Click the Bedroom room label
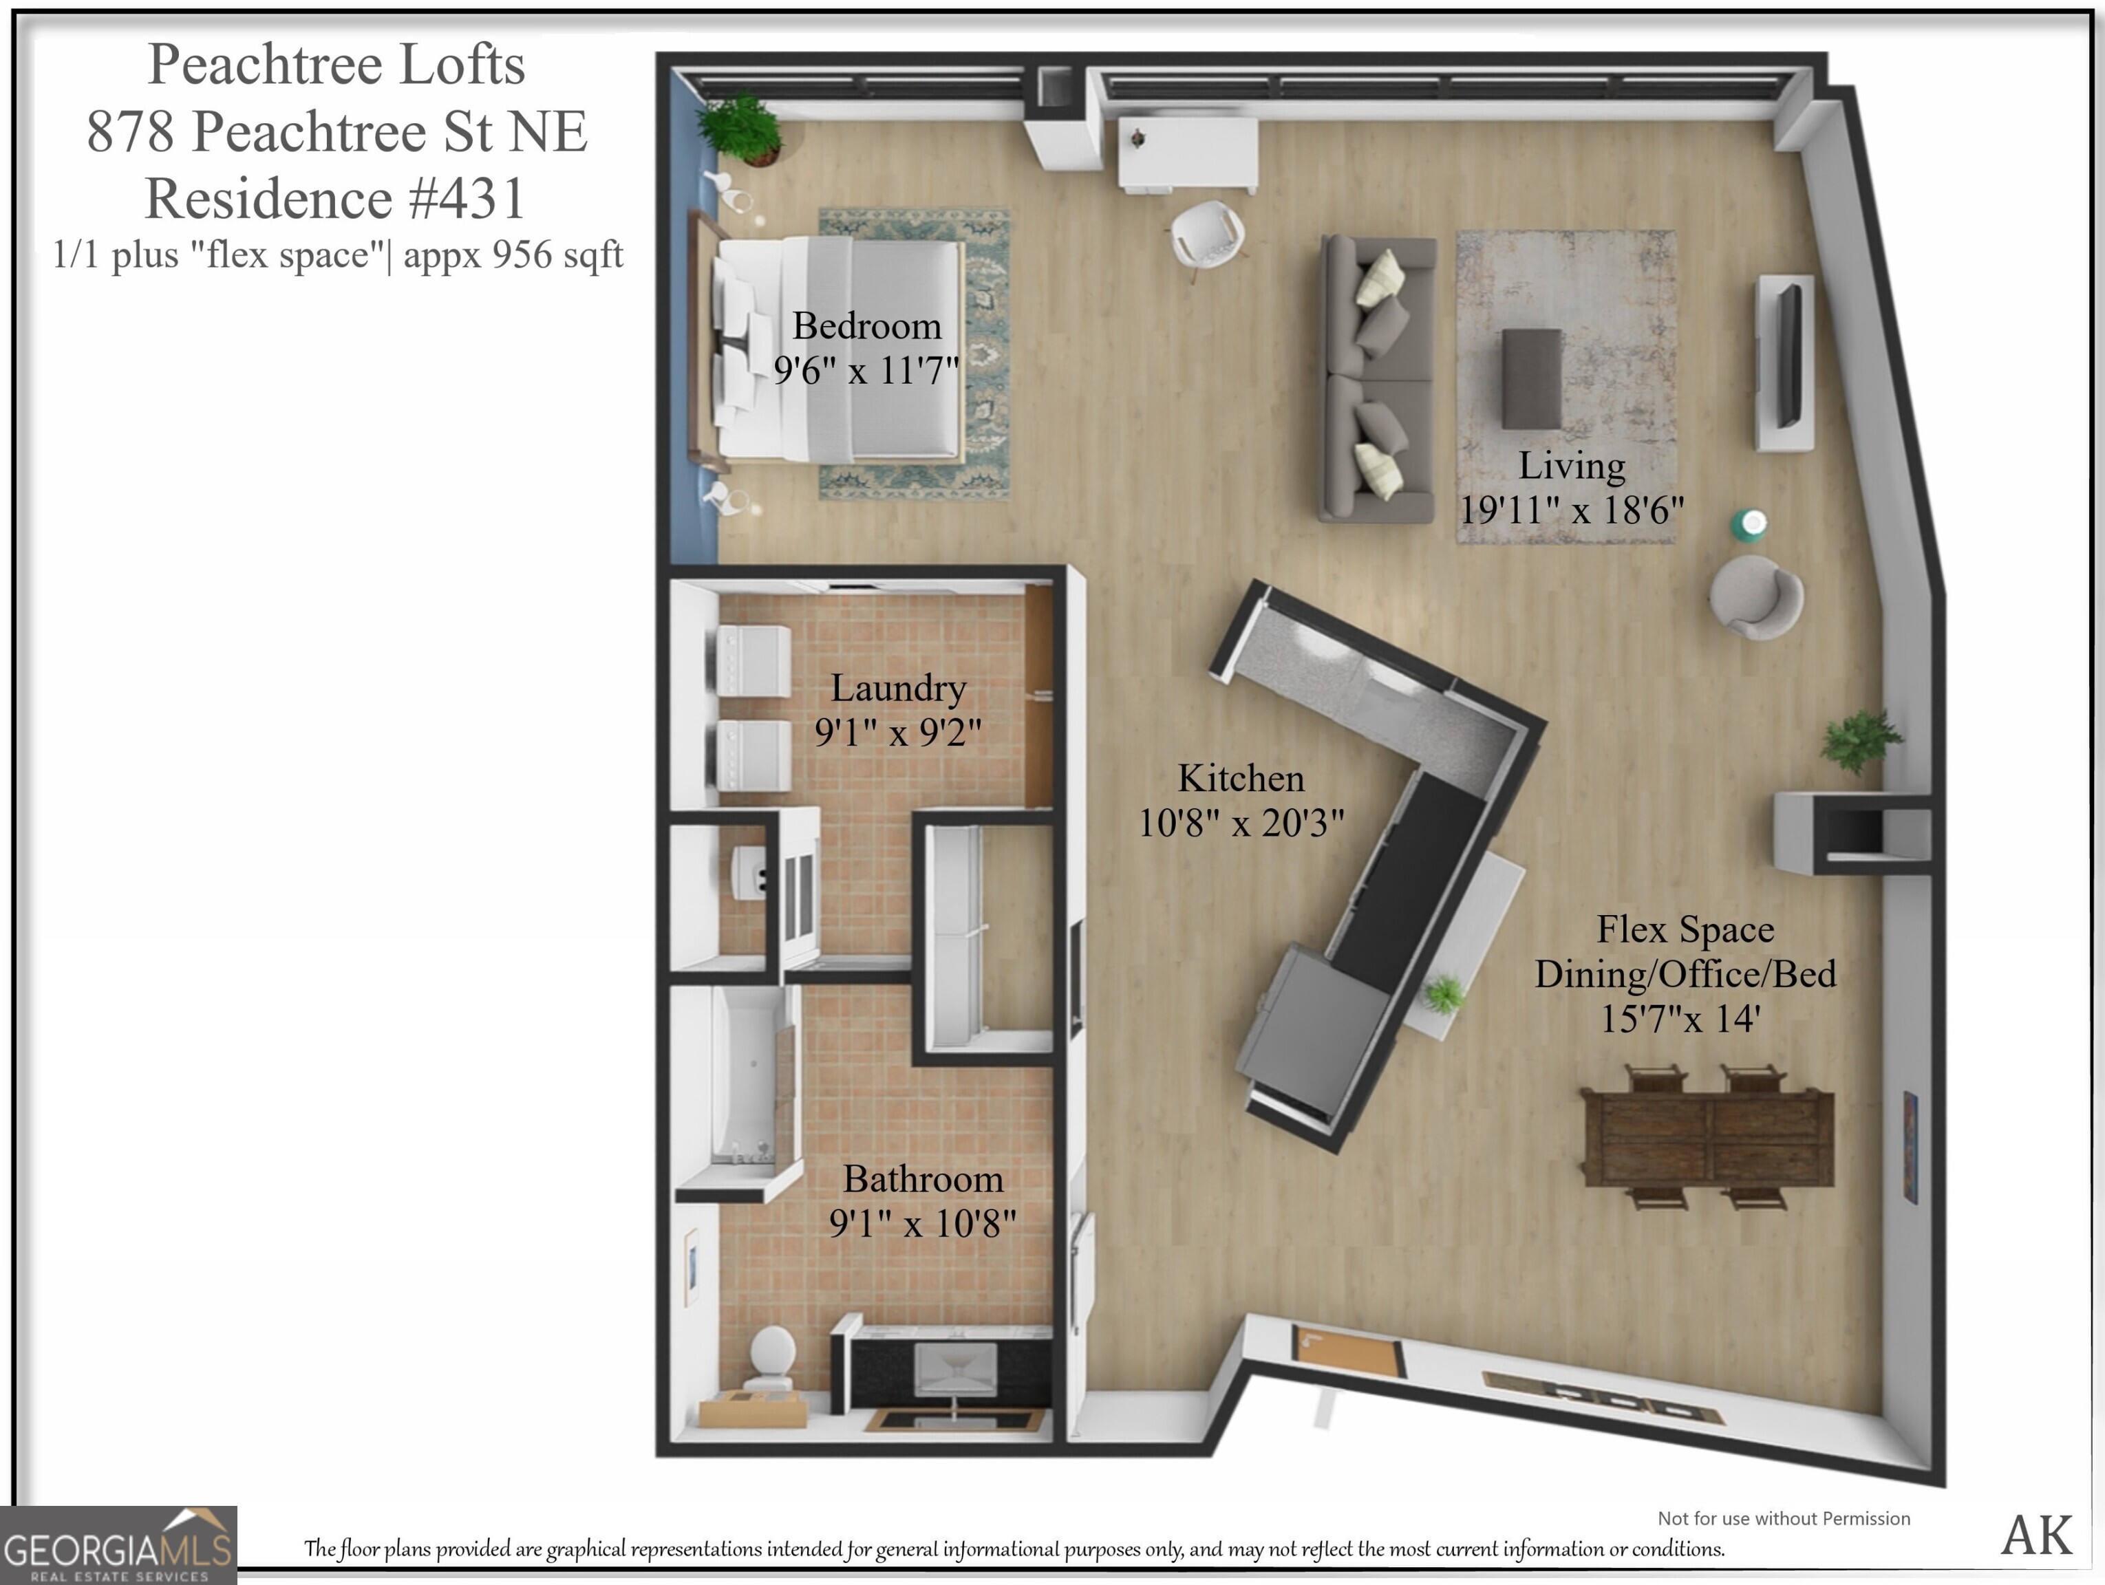tap(866, 326)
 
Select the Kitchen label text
tap(1240, 778)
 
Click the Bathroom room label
tap(922, 1178)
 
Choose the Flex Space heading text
tap(1685, 929)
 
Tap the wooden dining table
tap(1708, 1138)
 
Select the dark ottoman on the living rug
tap(1531, 378)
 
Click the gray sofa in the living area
tap(1376, 378)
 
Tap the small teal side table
tap(1748, 524)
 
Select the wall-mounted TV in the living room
tap(1788, 356)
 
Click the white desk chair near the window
tap(1206, 235)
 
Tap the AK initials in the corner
tap(2035, 1535)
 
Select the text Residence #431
tap(335, 199)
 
